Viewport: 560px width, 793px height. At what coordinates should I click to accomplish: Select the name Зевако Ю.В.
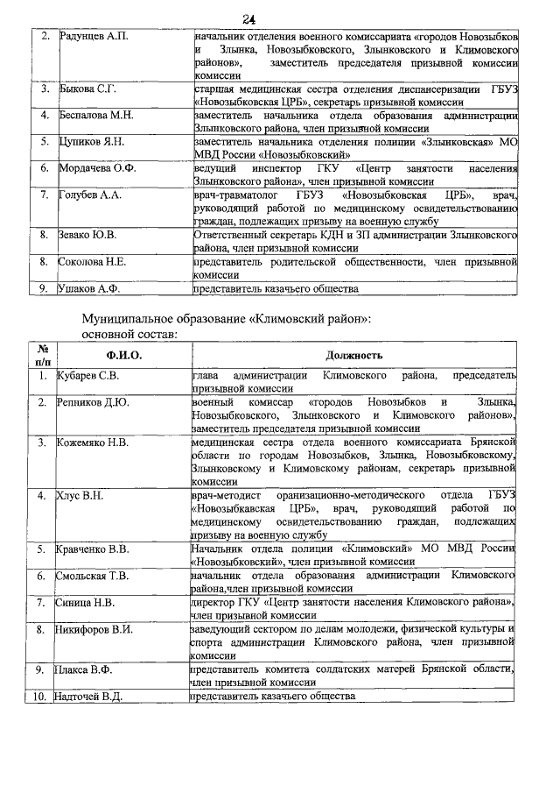87,236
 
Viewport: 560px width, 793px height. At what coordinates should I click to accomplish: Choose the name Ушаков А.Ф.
88,287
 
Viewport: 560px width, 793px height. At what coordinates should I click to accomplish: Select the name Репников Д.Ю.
93,402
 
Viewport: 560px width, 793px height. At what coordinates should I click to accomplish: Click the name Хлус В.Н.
80,496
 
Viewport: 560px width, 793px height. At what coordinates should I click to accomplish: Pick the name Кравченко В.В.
94,549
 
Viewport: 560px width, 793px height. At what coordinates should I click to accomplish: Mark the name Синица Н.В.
87,603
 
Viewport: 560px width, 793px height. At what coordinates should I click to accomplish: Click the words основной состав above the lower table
130,334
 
